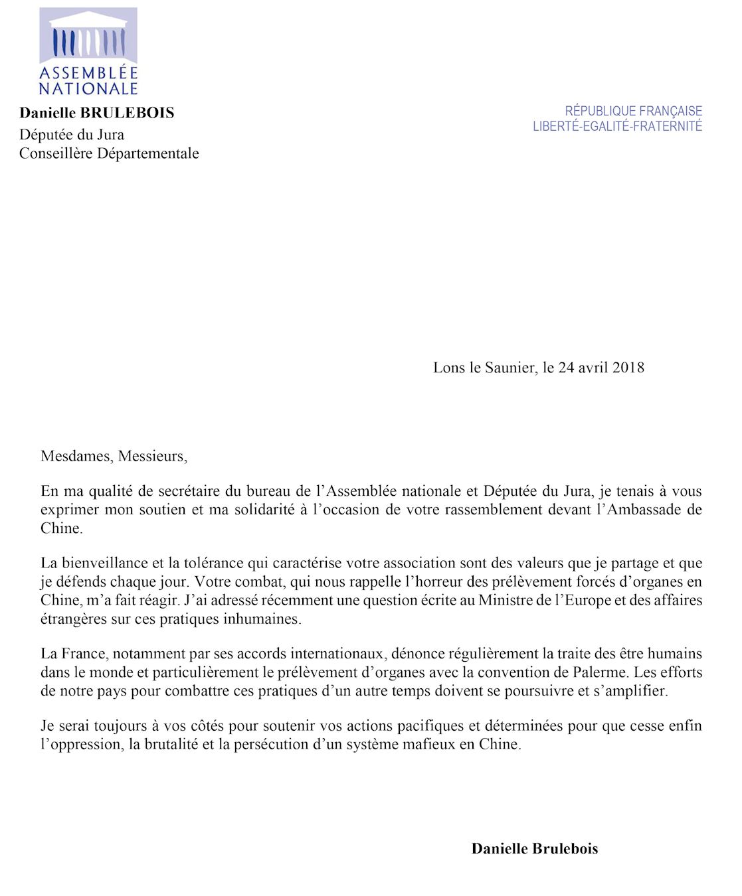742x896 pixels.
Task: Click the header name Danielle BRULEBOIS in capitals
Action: pos(97,113)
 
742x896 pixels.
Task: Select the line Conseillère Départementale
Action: pos(109,153)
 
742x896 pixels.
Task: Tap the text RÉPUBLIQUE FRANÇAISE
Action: pos(633,111)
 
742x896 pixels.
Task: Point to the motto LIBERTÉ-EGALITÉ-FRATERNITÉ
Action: pos(617,126)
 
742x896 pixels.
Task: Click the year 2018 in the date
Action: pos(628,367)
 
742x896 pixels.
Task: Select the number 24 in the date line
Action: pos(566,367)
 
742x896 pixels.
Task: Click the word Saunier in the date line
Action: pos(511,367)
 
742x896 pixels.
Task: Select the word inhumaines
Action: pos(267,619)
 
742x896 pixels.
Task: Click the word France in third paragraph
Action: pos(83,653)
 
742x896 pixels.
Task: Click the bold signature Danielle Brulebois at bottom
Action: pos(534,848)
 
